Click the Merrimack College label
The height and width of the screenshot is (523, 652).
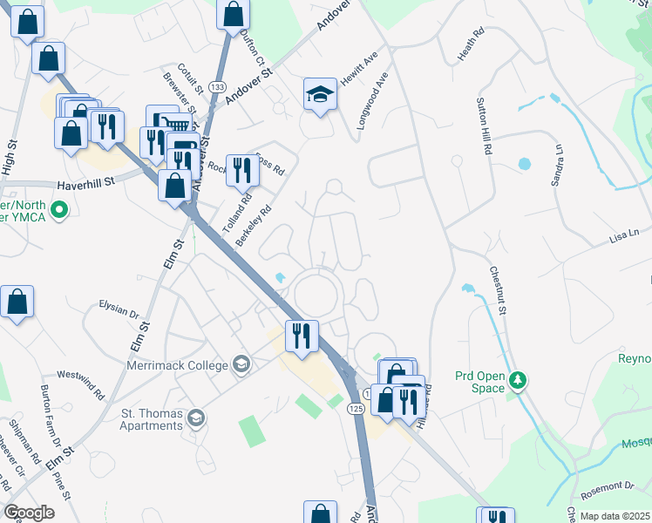177,366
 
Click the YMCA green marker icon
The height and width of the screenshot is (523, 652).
59,209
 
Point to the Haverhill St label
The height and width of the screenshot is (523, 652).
86,184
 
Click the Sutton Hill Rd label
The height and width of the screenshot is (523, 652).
482,126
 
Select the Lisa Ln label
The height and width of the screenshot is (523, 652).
624,234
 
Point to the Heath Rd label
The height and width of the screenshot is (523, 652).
470,46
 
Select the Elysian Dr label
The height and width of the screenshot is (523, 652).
120,311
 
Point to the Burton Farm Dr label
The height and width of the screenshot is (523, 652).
46,412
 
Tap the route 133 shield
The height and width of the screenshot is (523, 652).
218,88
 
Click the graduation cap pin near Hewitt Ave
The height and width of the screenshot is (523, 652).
320,94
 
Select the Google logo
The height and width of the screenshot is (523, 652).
29,513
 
